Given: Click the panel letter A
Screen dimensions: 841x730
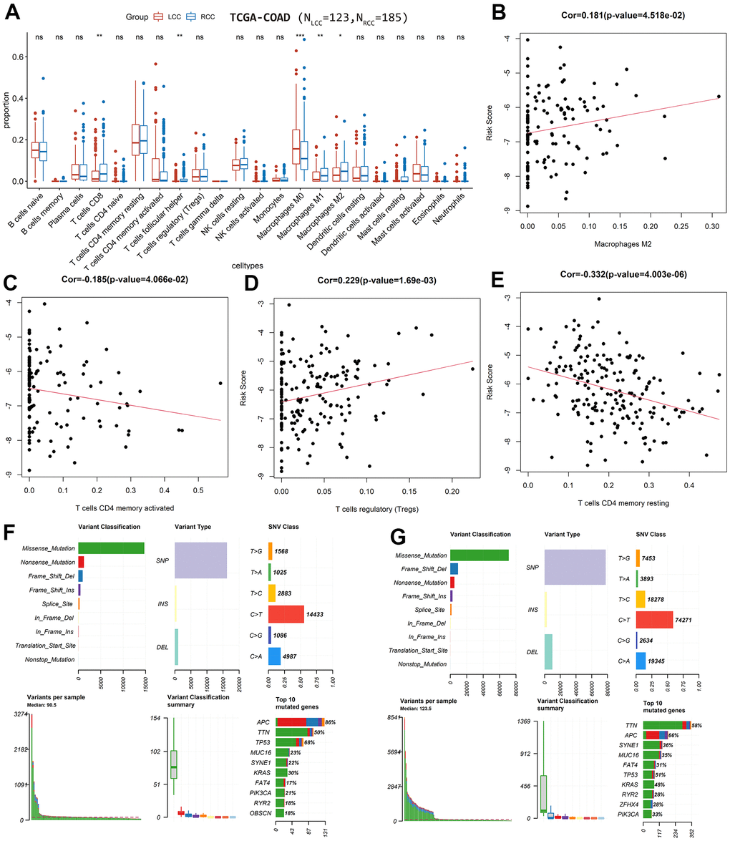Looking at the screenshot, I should point(13,12).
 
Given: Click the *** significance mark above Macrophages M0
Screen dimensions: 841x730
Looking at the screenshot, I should point(294,34).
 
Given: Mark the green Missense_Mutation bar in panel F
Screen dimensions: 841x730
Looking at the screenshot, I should point(111,548).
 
